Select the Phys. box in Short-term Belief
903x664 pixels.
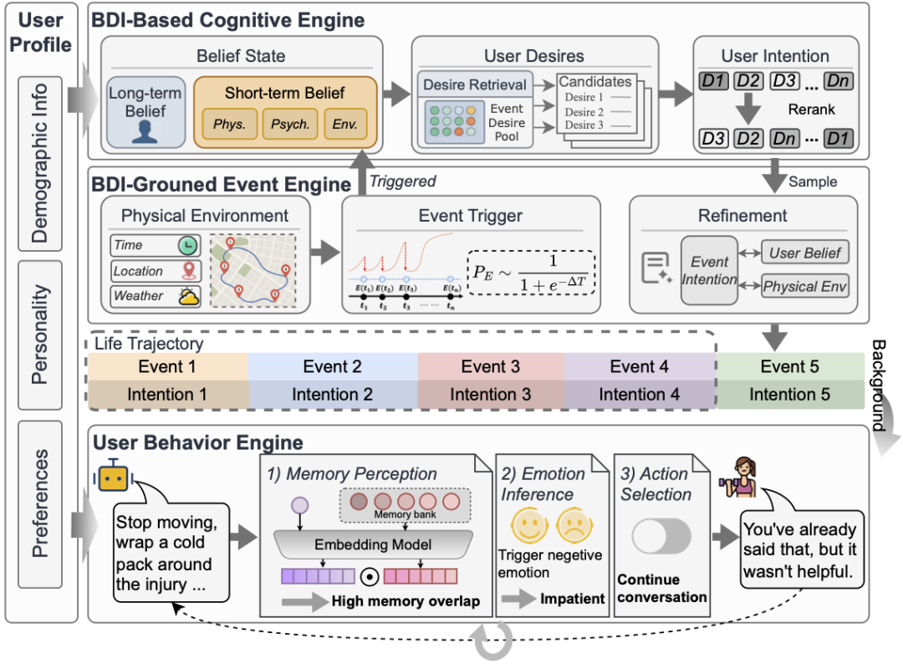[x=228, y=124]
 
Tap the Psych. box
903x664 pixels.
[x=289, y=124]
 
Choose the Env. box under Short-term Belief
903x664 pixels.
[x=344, y=124]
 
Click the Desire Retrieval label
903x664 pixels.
[x=475, y=84]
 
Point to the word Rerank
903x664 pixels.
[x=811, y=110]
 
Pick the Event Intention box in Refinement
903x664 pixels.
[x=709, y=269]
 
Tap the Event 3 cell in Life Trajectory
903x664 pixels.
[x=491, y=366]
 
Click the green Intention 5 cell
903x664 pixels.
[x=790, y=394]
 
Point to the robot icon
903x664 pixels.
[x=115, y=478]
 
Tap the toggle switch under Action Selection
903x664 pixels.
[x=661, y=536]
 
